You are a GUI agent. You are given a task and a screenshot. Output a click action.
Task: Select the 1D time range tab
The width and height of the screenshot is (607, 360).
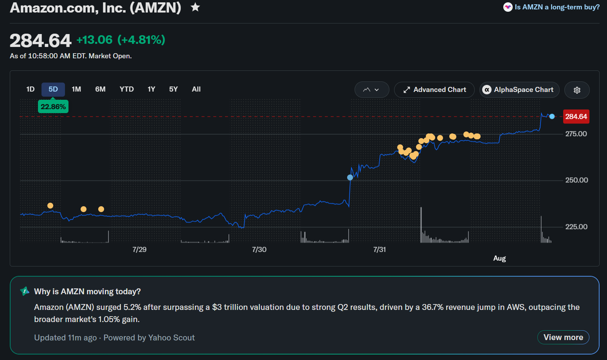(x=31, y=89)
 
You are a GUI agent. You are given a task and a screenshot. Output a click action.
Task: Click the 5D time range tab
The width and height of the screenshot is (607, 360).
(x=53, y=89)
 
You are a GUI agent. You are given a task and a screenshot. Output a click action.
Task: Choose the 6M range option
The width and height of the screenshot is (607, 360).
(x=100, y=89)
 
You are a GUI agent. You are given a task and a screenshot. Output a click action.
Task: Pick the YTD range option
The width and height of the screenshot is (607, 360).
(x=126, y=89)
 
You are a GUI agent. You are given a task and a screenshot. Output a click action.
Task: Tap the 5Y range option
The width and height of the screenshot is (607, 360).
(x=173, y=89)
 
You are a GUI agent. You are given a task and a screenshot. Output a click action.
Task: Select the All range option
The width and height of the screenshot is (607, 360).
(x=196, y=89)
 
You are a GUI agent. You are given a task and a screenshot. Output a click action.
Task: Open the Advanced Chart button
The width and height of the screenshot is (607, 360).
(x=434, y=90)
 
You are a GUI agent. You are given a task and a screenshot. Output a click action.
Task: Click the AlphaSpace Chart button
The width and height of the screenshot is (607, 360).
(x=519, y=90)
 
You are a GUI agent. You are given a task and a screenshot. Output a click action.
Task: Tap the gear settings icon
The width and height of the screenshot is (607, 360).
(x=577, y=90)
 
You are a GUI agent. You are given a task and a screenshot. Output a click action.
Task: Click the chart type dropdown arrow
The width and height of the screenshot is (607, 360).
(x=376, y=90)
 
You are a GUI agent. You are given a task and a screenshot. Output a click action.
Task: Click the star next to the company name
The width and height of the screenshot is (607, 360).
(x=195, y=7)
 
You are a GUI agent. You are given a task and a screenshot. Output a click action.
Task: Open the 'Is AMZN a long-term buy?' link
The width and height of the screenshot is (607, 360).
(x=557, y=7)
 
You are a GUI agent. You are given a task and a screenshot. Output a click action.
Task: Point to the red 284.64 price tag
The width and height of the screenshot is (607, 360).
(x=576, y=117)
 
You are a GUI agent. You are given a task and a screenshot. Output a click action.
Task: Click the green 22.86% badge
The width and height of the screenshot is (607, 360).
(x=53, y=106)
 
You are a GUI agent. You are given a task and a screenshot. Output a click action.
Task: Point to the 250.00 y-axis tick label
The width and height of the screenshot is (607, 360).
(x=576, y=180)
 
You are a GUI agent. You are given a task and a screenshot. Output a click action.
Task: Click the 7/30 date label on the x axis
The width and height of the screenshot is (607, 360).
(x=259, y=250)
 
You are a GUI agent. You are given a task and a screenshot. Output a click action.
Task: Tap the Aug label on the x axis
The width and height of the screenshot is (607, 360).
(x=499, y=258)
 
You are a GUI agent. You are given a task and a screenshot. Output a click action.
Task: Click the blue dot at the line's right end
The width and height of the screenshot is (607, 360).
(x=552, y=117)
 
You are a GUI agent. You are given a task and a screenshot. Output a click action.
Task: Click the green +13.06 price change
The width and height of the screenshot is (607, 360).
(x=94, y=40)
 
